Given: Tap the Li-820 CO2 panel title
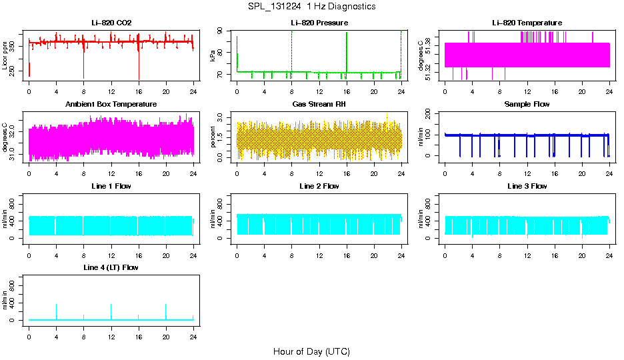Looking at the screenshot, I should click(111, 23).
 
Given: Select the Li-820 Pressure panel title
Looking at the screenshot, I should click(319, 23).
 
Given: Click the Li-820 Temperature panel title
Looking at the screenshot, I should click(527, 23).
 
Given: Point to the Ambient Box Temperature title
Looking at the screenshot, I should click(111, 105).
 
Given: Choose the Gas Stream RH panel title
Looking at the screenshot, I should click(319, 105).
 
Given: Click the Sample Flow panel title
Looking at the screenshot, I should click(527, 105).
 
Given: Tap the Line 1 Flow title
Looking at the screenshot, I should click(111, 186).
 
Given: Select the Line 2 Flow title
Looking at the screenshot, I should click(319, 186).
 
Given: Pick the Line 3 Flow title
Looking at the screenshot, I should click(527, 186).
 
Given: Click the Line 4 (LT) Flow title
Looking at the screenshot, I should click(111, 267).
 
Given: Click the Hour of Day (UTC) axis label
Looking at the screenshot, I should click(311, 351).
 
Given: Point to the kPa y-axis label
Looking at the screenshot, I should click(213, 55).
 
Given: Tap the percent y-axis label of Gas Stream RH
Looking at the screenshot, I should click(213, 137).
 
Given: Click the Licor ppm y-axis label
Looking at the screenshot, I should click(5, 55).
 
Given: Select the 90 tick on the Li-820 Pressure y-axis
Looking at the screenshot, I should click(225, 32).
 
